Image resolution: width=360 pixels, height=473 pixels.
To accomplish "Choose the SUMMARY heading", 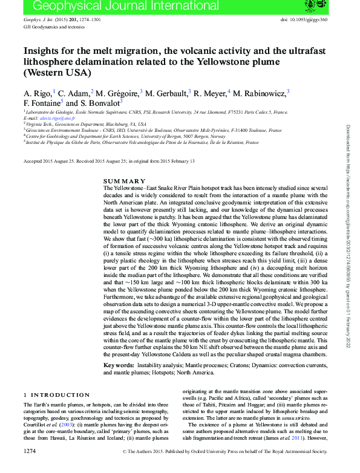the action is point(124,181).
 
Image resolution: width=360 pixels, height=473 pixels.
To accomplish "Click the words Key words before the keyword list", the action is point(119,365).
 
